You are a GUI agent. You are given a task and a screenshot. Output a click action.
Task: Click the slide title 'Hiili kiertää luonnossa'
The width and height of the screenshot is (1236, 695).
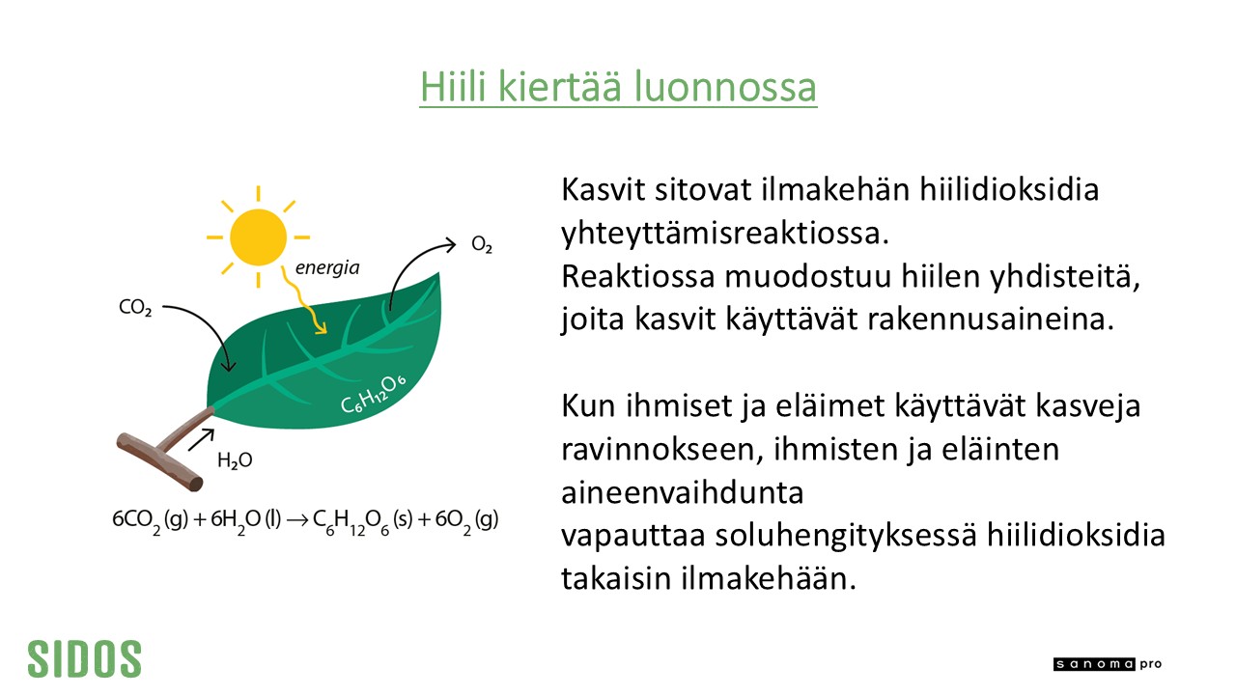point(618,87)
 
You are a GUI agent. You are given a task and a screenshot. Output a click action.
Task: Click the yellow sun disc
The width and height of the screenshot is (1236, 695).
point(258,237)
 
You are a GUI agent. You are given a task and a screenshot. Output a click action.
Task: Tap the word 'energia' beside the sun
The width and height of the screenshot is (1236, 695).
point(327,268)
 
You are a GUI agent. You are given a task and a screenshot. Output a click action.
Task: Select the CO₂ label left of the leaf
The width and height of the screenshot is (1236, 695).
point(135,308)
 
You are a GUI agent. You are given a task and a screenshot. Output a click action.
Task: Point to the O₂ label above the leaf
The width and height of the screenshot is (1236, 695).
point(482,244)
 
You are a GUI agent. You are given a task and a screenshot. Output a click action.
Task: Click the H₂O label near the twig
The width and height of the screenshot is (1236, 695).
point(235,460)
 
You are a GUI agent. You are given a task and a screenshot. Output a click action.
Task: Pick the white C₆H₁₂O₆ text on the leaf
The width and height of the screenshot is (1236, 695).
point(373,394)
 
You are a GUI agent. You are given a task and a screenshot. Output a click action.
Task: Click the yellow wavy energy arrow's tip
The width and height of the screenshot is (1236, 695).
point(322,331)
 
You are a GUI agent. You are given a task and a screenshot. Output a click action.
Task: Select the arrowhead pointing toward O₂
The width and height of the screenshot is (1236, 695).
point(450,244)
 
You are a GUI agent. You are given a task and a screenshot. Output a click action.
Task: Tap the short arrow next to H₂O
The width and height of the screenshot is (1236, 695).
point(201,439)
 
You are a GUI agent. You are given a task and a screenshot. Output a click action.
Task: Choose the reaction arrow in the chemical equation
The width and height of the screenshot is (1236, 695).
point(297,520)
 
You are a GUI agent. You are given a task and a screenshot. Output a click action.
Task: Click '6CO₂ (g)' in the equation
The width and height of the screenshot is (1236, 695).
point(150,520)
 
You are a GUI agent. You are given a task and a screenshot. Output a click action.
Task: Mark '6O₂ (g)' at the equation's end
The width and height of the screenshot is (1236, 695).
point(466,520)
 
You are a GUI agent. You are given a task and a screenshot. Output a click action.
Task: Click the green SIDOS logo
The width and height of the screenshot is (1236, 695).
point(84,658)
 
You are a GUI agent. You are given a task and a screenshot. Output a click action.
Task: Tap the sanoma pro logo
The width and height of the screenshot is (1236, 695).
point(1108,664)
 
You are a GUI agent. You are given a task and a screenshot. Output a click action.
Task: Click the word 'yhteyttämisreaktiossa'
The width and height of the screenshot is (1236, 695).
point(725,234)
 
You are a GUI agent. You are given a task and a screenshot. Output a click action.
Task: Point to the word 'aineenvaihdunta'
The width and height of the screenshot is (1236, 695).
point(682,492)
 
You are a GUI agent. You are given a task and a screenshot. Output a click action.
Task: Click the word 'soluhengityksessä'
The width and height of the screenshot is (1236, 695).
point(846,536)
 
